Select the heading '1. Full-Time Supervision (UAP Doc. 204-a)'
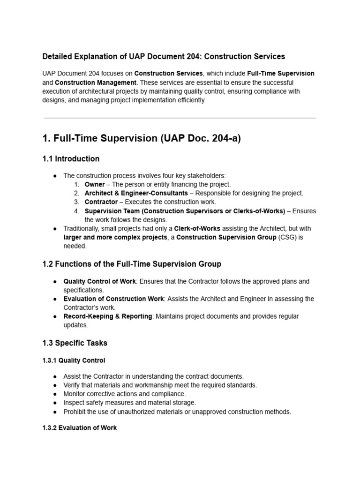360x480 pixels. (142, 139)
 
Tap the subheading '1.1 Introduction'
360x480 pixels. (71, 158)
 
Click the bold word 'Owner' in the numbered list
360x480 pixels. (95, 184)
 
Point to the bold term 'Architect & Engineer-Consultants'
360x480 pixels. (136, 193)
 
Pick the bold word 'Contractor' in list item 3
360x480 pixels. (101, 202)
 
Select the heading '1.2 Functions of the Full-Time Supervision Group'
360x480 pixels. (132, 264)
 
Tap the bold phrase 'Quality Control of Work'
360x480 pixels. (99, 281)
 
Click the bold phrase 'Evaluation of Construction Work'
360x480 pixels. (113, 299)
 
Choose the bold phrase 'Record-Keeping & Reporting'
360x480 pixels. (107, 316)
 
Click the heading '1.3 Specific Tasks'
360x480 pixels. (75, 343)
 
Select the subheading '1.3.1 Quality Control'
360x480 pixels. (74, 360)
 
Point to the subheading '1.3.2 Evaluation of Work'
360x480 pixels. (79, 427)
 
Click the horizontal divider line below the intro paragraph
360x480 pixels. (180, 118)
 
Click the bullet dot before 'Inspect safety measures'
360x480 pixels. (55, 403)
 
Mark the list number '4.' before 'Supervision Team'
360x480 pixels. (77, 211)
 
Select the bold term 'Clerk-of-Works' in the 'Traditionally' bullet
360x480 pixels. (196, 228)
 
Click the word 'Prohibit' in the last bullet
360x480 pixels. (75, 412)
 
